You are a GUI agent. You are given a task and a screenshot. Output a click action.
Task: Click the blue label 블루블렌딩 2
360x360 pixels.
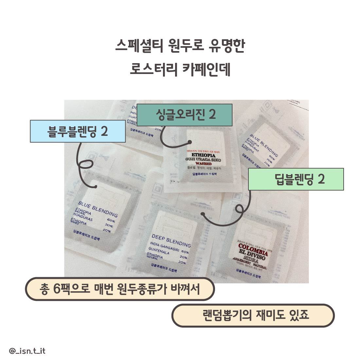click(78, 131)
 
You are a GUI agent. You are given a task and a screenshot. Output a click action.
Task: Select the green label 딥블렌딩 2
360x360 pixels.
click(296, 179)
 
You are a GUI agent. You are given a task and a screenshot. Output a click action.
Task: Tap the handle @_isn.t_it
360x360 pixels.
click(27, 351)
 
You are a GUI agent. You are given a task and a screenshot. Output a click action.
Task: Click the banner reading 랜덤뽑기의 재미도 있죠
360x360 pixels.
click(253, 316)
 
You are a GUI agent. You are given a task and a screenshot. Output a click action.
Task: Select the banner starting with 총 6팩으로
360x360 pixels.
click(120, 289)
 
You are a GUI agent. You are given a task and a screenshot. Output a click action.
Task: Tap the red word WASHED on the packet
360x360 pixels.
click(203, 164)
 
